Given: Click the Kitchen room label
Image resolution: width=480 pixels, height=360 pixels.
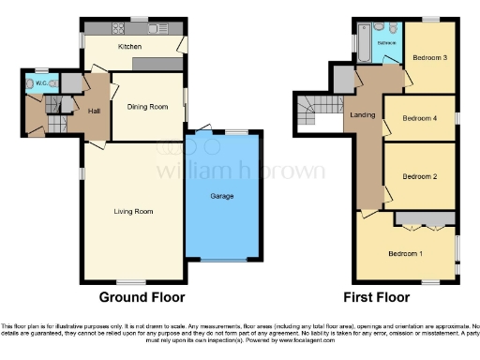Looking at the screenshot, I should tap(128, 45).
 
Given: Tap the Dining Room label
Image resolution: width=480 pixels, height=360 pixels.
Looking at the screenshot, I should tap(147, 107).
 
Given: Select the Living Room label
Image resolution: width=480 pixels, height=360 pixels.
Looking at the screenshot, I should tap(131, 212).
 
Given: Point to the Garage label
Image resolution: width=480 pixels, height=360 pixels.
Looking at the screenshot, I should tap(221, 196).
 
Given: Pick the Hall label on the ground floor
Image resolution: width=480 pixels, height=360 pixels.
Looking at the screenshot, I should tap(94, 112).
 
